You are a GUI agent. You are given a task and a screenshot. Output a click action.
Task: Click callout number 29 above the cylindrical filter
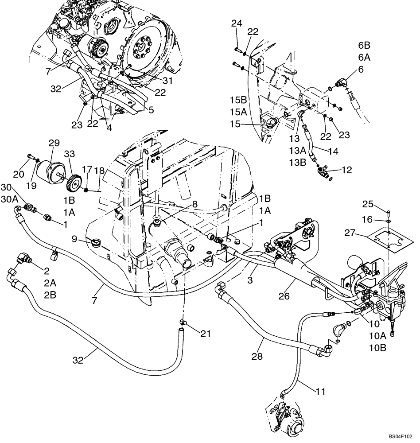click(x=54, y=144)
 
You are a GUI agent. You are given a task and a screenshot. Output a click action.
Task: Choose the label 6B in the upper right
click(x=364, y=45)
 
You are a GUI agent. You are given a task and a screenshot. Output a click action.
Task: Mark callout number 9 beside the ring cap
click(x=75, y=239)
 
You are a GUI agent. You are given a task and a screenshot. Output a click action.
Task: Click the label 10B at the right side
click(x=377, y=347)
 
